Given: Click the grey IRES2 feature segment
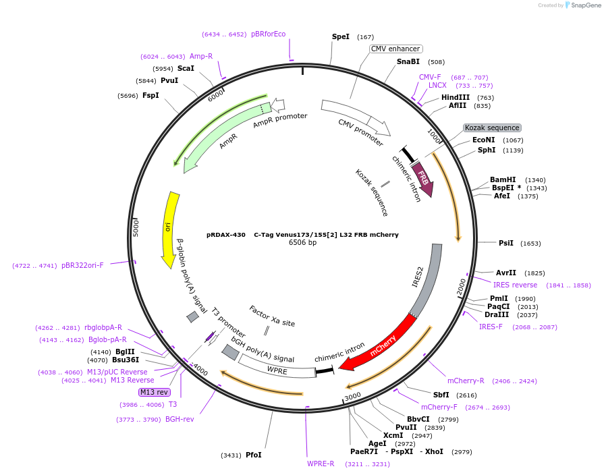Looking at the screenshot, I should (429, 277).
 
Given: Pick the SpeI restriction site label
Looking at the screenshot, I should (341, 36).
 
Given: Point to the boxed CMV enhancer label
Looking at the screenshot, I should (396, 49).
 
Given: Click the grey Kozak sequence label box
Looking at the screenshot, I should (492, 128).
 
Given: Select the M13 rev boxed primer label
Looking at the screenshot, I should (155, 392).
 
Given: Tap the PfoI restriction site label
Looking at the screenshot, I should (253, 455).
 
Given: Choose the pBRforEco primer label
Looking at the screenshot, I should (268, 34).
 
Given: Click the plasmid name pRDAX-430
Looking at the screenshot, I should (226, 235).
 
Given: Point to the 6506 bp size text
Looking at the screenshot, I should (302, 242).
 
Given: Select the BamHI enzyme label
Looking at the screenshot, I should (503, 179).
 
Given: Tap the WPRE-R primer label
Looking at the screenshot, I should (321, 464).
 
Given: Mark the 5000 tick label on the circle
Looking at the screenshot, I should (136, 227).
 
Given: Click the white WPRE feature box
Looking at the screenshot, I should (277, 370).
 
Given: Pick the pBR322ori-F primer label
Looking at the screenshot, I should (82, 265).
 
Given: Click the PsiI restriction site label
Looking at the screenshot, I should (505, 243).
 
